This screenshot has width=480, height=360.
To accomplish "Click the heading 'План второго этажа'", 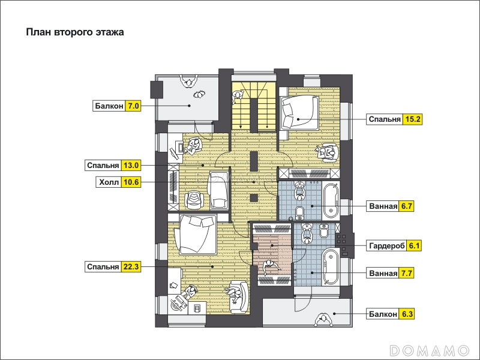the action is (x=74, y=32).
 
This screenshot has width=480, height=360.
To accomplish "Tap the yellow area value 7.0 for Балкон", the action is (x=133, y=106).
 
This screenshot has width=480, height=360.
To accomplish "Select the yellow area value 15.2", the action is (x=412, y=119).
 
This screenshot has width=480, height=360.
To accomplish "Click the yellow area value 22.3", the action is (x=131, y=266).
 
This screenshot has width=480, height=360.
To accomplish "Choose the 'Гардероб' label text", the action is (x=387, y=246).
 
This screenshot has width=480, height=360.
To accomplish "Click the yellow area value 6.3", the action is (x=407, y=314).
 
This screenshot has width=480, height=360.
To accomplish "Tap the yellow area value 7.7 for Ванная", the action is (x=406, y=273).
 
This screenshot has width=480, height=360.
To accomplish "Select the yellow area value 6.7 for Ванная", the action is (x=406, y=206).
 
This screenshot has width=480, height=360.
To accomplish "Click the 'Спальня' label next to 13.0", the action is (x=103, y=166).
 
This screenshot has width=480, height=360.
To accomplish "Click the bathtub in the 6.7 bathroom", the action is (x=331, y=200).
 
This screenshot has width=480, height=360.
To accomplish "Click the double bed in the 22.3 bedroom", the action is (x=197, y=235).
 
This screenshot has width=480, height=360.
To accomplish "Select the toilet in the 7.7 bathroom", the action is (x=324, y=230).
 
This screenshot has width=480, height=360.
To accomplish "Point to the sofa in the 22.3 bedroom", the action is (x=239, y=297).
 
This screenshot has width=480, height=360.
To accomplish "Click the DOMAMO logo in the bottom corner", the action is (x=429, y=350).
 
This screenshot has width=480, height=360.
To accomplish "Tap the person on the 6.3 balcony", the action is (x=322, y=320).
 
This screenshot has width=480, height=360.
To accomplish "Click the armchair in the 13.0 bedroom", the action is (x=194, y=200).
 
